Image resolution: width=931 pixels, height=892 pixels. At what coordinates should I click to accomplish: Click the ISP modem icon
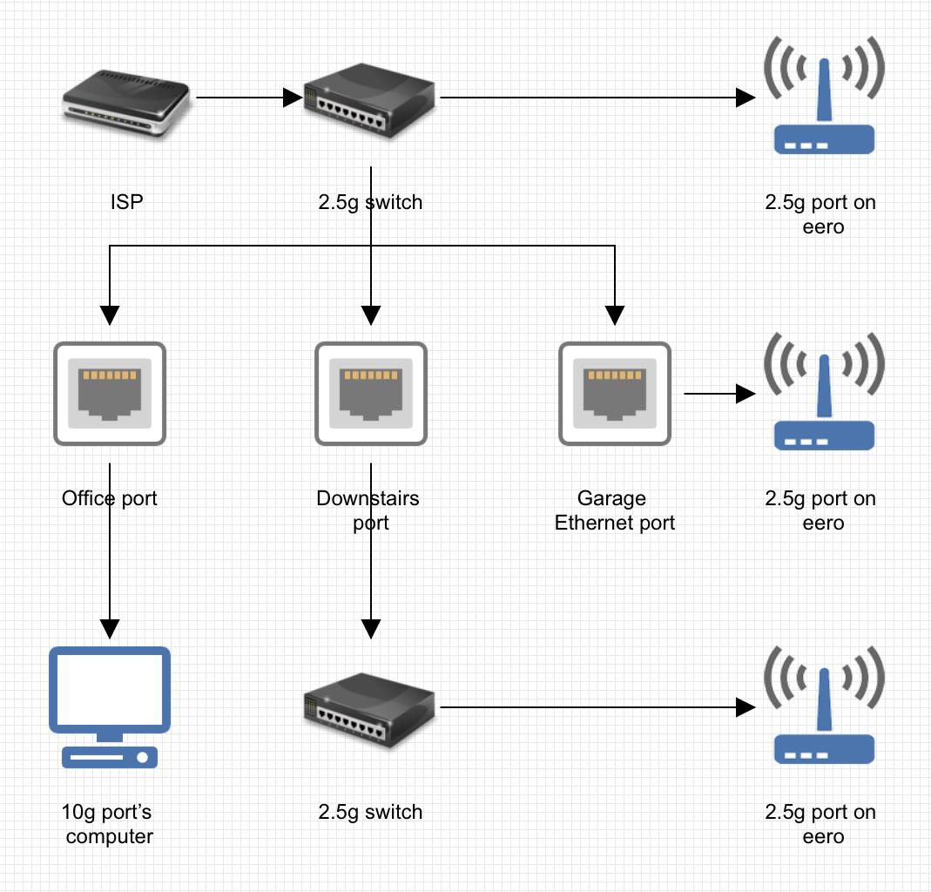click(x=126, y=104)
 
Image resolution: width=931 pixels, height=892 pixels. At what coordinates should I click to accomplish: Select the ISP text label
click(x=126, y=202)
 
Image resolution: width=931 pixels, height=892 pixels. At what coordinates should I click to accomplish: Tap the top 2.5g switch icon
click(x=369, y=100)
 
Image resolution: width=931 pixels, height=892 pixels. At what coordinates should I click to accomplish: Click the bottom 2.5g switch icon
click(x=369, y=710)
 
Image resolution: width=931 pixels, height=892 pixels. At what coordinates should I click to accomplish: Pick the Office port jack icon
click(x=110, y=393)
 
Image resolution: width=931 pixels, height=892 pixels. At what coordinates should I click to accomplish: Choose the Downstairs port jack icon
click(x=371, y=393)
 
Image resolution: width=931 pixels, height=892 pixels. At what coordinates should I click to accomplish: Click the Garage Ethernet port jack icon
click(x=615, y=393)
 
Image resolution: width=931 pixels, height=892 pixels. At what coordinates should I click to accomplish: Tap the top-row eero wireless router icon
click(x=824, y=95)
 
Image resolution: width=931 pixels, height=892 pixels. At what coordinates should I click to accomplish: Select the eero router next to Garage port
click(x=824, y=391)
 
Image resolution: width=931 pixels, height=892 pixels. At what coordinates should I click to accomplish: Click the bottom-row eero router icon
click(x=824, y=705)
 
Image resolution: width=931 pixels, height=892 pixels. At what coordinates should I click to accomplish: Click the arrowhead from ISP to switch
click(x=293, y=98)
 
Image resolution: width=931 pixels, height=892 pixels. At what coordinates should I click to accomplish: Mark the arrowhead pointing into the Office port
click(x=110, y=315)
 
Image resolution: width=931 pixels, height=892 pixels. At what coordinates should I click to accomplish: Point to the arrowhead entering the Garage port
click(x=615, y=315)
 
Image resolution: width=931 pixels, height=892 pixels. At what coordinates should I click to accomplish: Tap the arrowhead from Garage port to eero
click(x=745, y=393)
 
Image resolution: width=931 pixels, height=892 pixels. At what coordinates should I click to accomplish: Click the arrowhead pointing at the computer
click(x=110, y=629)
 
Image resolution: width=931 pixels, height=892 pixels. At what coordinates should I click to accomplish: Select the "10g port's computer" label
click(x=107, y=824)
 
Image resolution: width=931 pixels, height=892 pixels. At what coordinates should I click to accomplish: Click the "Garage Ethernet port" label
click(x=615, y=510)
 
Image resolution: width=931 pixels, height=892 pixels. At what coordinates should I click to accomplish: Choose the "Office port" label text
click(x=110, y=498)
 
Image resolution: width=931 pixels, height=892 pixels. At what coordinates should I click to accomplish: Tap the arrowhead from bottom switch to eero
click(x=745, y=707)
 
